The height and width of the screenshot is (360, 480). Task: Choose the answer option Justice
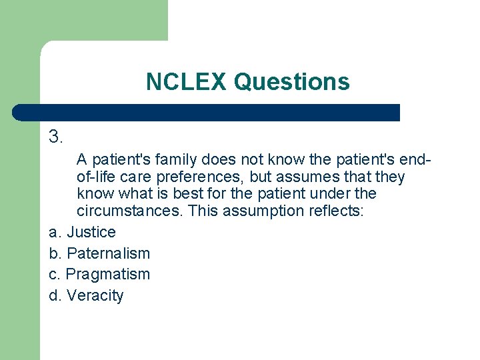coord(91,233)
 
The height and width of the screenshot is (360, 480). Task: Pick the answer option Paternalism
coord(109,253)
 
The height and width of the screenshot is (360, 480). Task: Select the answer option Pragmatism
coord(108,274)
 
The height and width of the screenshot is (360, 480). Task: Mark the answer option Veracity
coord(95,295)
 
